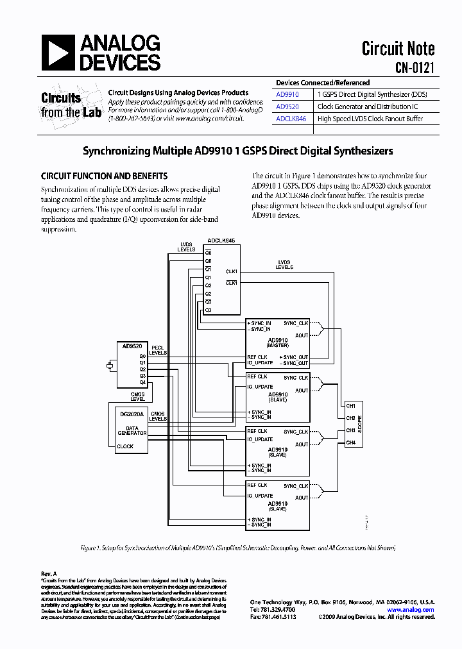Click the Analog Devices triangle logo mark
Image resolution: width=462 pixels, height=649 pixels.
click(58, 53)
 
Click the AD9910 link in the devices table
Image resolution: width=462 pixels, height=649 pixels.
click(287, 94)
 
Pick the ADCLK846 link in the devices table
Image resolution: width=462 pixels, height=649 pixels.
click(291, 119)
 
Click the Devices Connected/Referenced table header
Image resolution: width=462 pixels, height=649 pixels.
click(323, 83)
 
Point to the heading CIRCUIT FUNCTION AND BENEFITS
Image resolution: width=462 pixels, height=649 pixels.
click(104, 176)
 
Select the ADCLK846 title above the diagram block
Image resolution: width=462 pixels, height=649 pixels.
click(220, 240)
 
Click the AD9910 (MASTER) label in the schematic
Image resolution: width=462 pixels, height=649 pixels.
click(278, 342)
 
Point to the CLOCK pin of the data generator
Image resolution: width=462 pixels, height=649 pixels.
click(126, 446)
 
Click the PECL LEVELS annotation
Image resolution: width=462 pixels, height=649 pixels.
click(158, 350)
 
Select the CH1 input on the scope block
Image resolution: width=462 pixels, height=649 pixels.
click(350, 405)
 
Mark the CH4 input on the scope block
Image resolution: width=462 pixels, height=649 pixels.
click(350, 442)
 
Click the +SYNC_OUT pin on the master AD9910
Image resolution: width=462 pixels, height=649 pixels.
click(295, 357)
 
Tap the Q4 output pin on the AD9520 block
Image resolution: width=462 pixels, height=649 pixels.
click(142, 382)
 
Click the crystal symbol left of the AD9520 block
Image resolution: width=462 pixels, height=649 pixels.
click(110, 366)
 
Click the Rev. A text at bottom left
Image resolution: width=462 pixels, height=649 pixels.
click(49, 573)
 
